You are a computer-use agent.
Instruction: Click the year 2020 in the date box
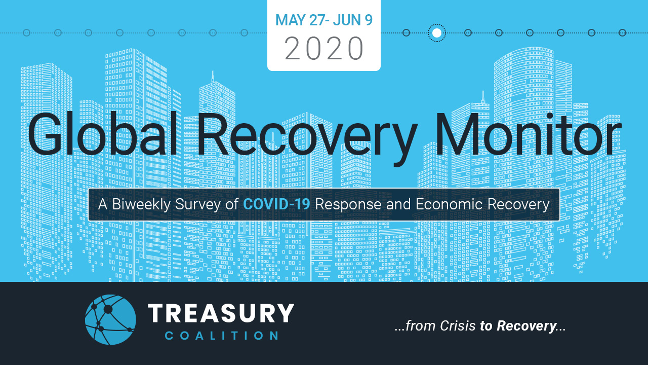[x=323, y=48]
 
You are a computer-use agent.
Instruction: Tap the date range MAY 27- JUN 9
[x=323, y=20]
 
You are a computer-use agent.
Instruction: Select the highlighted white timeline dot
[x=436, y=33]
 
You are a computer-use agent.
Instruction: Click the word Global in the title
[x=102, y=134]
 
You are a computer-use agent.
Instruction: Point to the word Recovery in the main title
[x=307, y=139]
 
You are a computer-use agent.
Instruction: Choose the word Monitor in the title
[x=528, y=134]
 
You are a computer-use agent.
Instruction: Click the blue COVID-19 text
[x=276, y=204]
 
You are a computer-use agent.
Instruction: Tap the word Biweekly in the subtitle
[x=141, y=204]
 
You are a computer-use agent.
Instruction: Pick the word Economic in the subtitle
[x=449, y=204]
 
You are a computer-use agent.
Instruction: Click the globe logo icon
[x=110, y=319]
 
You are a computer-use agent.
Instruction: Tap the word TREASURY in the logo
[x=221, y=313]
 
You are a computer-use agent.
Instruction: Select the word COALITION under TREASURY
[x=222, y=336]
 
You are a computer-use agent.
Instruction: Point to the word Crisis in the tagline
[x=458, y=326]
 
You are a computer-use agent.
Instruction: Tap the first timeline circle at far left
[x=27, y=33]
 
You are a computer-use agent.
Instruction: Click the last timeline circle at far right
[x=622, y=33]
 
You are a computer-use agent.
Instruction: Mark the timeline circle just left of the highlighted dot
[x=406, y=33]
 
